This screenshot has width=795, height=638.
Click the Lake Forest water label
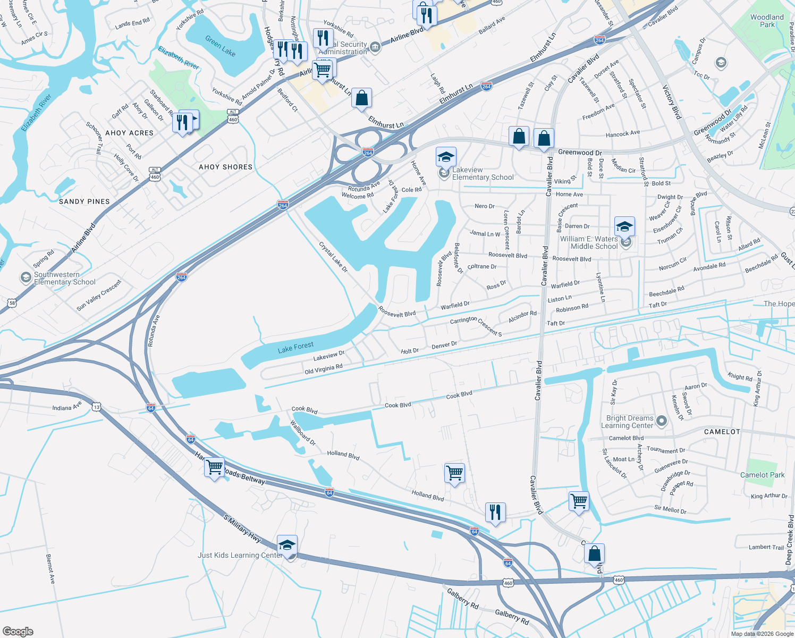point(295,347)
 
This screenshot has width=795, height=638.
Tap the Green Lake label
point(220,46)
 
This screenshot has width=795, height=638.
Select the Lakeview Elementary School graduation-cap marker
point(446,157)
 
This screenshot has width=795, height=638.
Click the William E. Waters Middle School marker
point(624,227)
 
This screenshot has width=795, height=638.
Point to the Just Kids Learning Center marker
point(287,546)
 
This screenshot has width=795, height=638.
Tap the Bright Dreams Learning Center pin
point(662,421)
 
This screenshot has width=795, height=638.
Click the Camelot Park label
point(762,475)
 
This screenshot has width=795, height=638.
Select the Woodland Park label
point(767,21)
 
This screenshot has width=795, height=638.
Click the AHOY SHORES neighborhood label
point(225,167)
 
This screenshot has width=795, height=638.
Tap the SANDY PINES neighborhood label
point(84,202)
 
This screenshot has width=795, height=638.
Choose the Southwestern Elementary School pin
point(26,278)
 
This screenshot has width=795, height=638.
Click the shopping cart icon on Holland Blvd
point(454,473)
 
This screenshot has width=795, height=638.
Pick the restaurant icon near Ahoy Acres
point(182,122)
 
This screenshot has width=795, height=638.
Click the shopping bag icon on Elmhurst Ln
point(361,98)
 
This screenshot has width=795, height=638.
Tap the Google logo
point(18,631)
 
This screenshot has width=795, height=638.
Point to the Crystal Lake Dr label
point(333,257)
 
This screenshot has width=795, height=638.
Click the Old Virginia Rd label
point(323,368)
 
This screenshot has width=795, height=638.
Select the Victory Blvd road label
point(671,101)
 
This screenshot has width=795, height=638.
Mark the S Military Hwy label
point(242,528)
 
